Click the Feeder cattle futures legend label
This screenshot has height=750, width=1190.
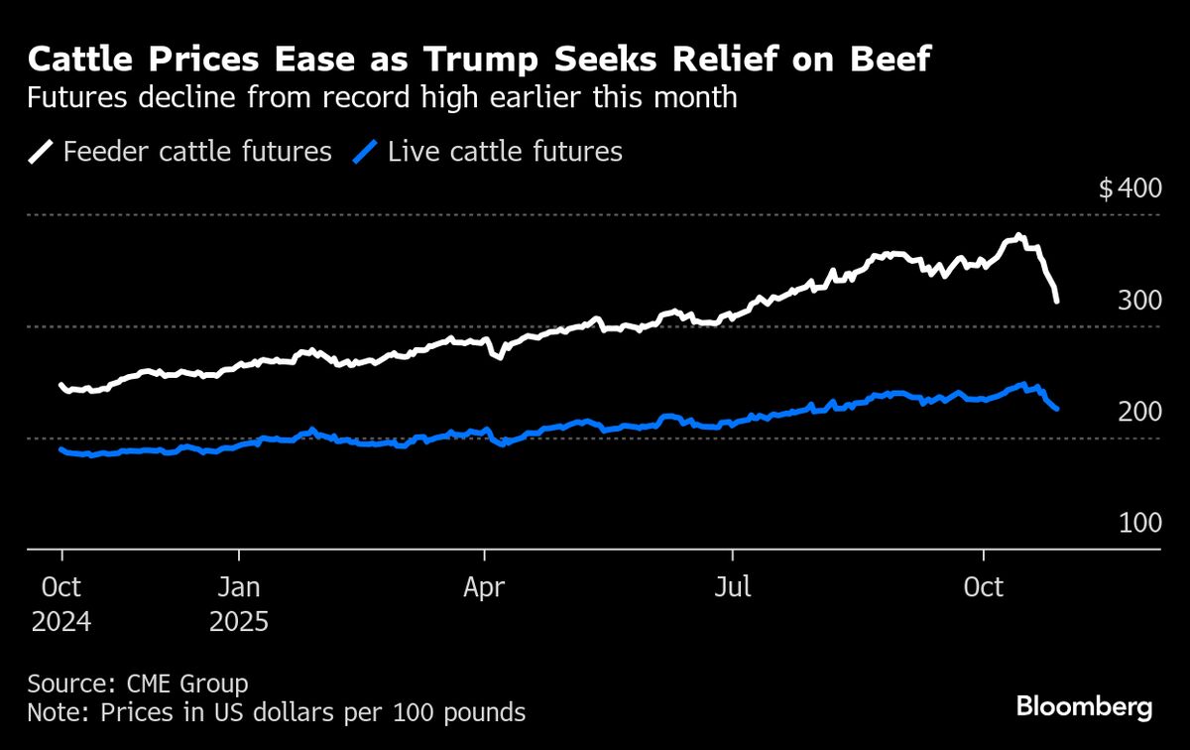[197, 152]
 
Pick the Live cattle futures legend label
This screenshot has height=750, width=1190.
[505, 152]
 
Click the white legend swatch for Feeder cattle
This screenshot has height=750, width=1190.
[42, 152]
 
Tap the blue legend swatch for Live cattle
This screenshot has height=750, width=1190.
[367, 152]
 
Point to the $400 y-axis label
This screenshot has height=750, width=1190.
[1130, 188]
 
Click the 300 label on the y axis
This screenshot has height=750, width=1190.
[1139, 300]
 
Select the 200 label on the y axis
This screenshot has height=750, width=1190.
[1139, 412]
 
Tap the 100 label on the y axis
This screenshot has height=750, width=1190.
[1139, 523]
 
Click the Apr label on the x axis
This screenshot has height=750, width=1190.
[484, 586]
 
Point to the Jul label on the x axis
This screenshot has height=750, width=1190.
[733, 586]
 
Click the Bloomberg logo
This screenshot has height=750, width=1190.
[1084, 706]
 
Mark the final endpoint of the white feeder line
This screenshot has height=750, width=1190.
[1058, 301]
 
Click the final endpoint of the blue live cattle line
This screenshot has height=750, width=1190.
[1058, 409]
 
